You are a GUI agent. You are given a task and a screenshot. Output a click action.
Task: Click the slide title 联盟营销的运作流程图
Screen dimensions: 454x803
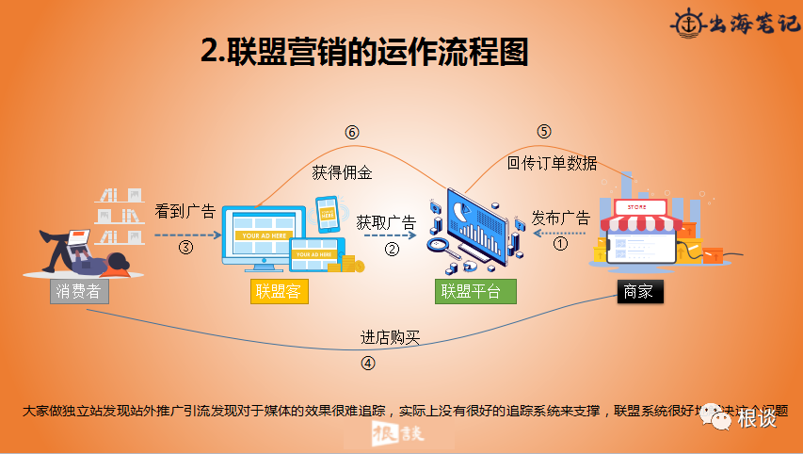(x=364, y=52)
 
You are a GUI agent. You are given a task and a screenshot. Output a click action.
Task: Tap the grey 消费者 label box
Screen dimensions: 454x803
(x=79, y=291)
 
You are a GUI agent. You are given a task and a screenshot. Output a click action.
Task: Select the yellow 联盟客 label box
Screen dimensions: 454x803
(x=280, y=291)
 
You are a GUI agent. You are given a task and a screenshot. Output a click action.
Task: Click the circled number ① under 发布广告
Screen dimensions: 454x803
(x=561, y=243)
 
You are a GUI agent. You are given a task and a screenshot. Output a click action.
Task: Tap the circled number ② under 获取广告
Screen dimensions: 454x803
(x=393, y=249)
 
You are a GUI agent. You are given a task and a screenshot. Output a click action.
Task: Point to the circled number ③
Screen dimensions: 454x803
(x=185, y=248)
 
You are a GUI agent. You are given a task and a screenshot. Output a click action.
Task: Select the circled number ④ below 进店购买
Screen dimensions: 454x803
(x=368, y=362)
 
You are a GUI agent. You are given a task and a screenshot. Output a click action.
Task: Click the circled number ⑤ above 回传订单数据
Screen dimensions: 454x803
(x=544, y=131)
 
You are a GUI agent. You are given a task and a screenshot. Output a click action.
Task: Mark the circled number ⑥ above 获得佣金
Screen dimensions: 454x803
(x=352, y=133)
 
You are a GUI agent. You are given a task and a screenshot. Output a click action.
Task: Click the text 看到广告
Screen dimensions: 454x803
(x=185, y=211)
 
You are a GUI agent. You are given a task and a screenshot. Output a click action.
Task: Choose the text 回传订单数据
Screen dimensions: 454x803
(x=552, y=162)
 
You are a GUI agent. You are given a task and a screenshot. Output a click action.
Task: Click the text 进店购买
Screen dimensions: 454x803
(x=390, y=337)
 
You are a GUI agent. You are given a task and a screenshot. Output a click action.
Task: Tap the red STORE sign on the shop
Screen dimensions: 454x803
(x=634, y=206)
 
